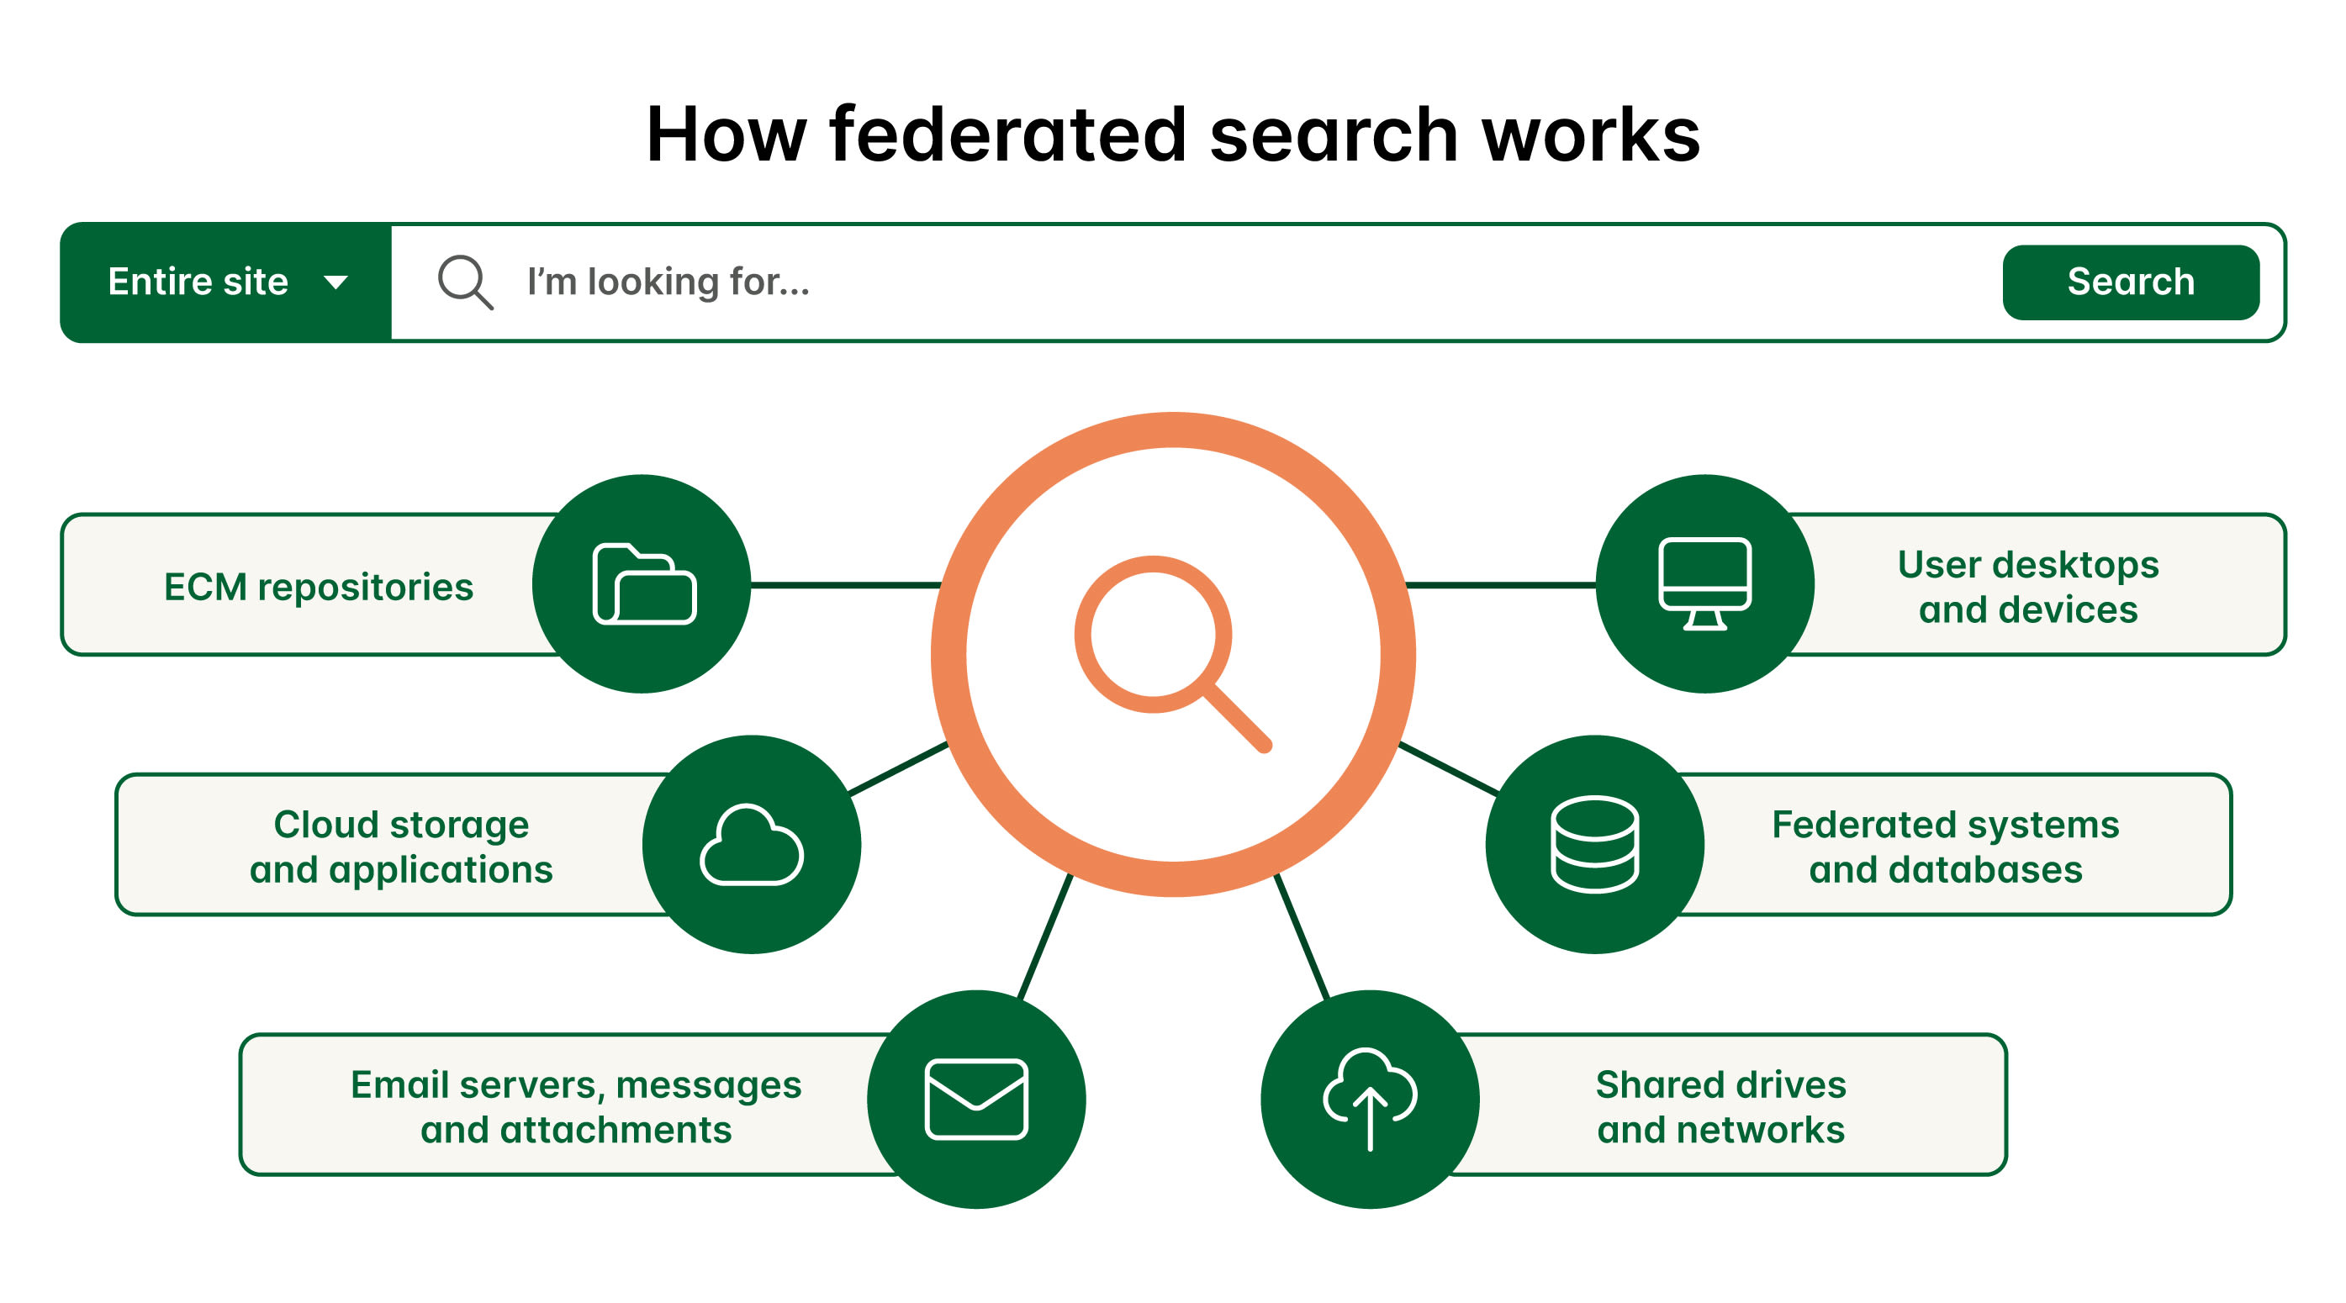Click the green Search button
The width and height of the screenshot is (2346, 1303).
[2130, 282]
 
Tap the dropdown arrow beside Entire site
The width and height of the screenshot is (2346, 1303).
[336, 282]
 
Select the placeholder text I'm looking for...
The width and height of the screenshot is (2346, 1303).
[668, 282]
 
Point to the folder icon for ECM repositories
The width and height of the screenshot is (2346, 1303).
[644, 583]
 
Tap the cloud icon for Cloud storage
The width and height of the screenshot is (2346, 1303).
[752, 845]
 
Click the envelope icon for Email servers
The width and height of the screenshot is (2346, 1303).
[976, 1099]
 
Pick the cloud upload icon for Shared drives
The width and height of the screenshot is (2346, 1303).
[1370, 1097]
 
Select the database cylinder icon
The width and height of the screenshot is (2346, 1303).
[1594, 844]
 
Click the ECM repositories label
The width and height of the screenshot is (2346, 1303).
[319, 588]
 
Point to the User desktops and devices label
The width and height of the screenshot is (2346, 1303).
[2027, 588]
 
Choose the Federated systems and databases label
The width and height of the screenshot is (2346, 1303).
[1945, 847]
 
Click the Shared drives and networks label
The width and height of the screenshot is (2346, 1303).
[1720, 1106]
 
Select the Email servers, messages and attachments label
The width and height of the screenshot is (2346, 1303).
[576, 1106]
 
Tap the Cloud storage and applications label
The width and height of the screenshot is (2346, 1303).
[401, 847]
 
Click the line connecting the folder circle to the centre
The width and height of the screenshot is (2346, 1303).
[845, 584]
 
